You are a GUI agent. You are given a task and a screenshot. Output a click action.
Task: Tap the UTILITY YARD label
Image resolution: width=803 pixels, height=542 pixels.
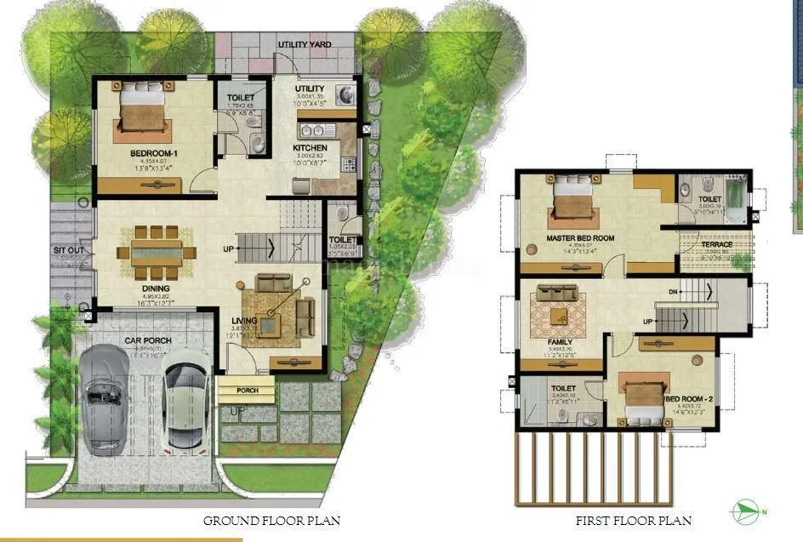305,44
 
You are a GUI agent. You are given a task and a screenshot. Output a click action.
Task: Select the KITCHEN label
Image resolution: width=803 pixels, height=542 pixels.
310,148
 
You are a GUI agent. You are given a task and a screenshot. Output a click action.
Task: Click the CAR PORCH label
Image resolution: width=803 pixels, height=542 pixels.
148,340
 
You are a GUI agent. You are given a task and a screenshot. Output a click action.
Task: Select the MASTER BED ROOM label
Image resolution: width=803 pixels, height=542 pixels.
581,238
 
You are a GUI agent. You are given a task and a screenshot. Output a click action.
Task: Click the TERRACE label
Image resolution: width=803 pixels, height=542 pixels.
717,244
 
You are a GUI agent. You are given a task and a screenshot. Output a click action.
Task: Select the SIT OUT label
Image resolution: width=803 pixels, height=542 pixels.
68,251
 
